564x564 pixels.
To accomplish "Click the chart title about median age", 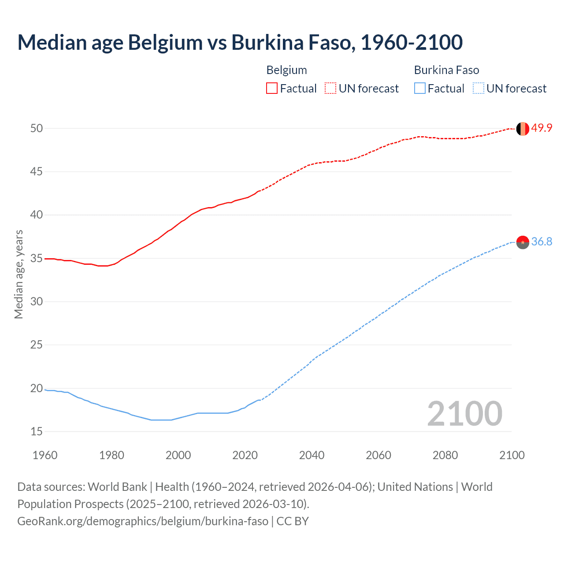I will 240,42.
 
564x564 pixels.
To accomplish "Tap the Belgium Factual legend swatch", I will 272,89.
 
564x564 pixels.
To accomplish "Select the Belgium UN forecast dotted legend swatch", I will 330,89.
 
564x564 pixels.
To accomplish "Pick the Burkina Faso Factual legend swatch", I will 420,89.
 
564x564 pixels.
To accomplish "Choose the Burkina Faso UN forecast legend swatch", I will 479,89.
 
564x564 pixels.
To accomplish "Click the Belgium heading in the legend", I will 286,70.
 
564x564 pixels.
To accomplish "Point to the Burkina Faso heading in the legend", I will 446,70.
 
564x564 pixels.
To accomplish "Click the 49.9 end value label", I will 542,128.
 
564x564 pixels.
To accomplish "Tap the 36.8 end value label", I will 542,241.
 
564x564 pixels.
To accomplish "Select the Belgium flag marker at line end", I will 523,129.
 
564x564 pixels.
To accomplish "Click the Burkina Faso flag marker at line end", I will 523,242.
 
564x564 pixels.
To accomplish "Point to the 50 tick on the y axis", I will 37,128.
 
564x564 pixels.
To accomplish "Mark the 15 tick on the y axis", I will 37,431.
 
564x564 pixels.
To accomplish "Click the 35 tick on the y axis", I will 37,258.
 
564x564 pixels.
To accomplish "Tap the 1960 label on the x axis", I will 45,455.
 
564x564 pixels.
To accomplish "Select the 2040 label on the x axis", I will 312,455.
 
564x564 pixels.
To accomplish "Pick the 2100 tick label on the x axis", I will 512,455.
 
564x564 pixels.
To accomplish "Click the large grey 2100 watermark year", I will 464,413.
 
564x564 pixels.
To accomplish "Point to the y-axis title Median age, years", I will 19,274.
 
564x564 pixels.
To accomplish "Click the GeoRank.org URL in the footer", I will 143,521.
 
